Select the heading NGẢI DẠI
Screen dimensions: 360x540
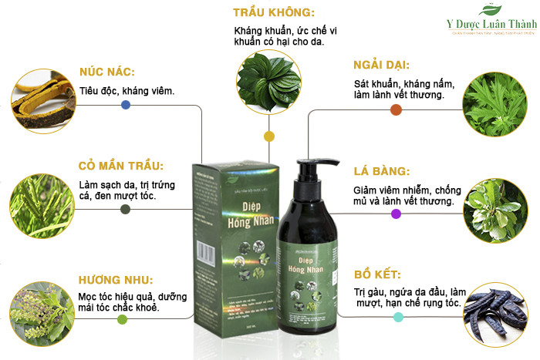380,65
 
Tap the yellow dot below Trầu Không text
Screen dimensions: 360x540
268,136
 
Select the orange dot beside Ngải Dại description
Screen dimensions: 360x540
396,109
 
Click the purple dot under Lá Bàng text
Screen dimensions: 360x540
396,214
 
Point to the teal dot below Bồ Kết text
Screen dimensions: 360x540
398,316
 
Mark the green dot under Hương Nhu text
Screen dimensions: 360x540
122,318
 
